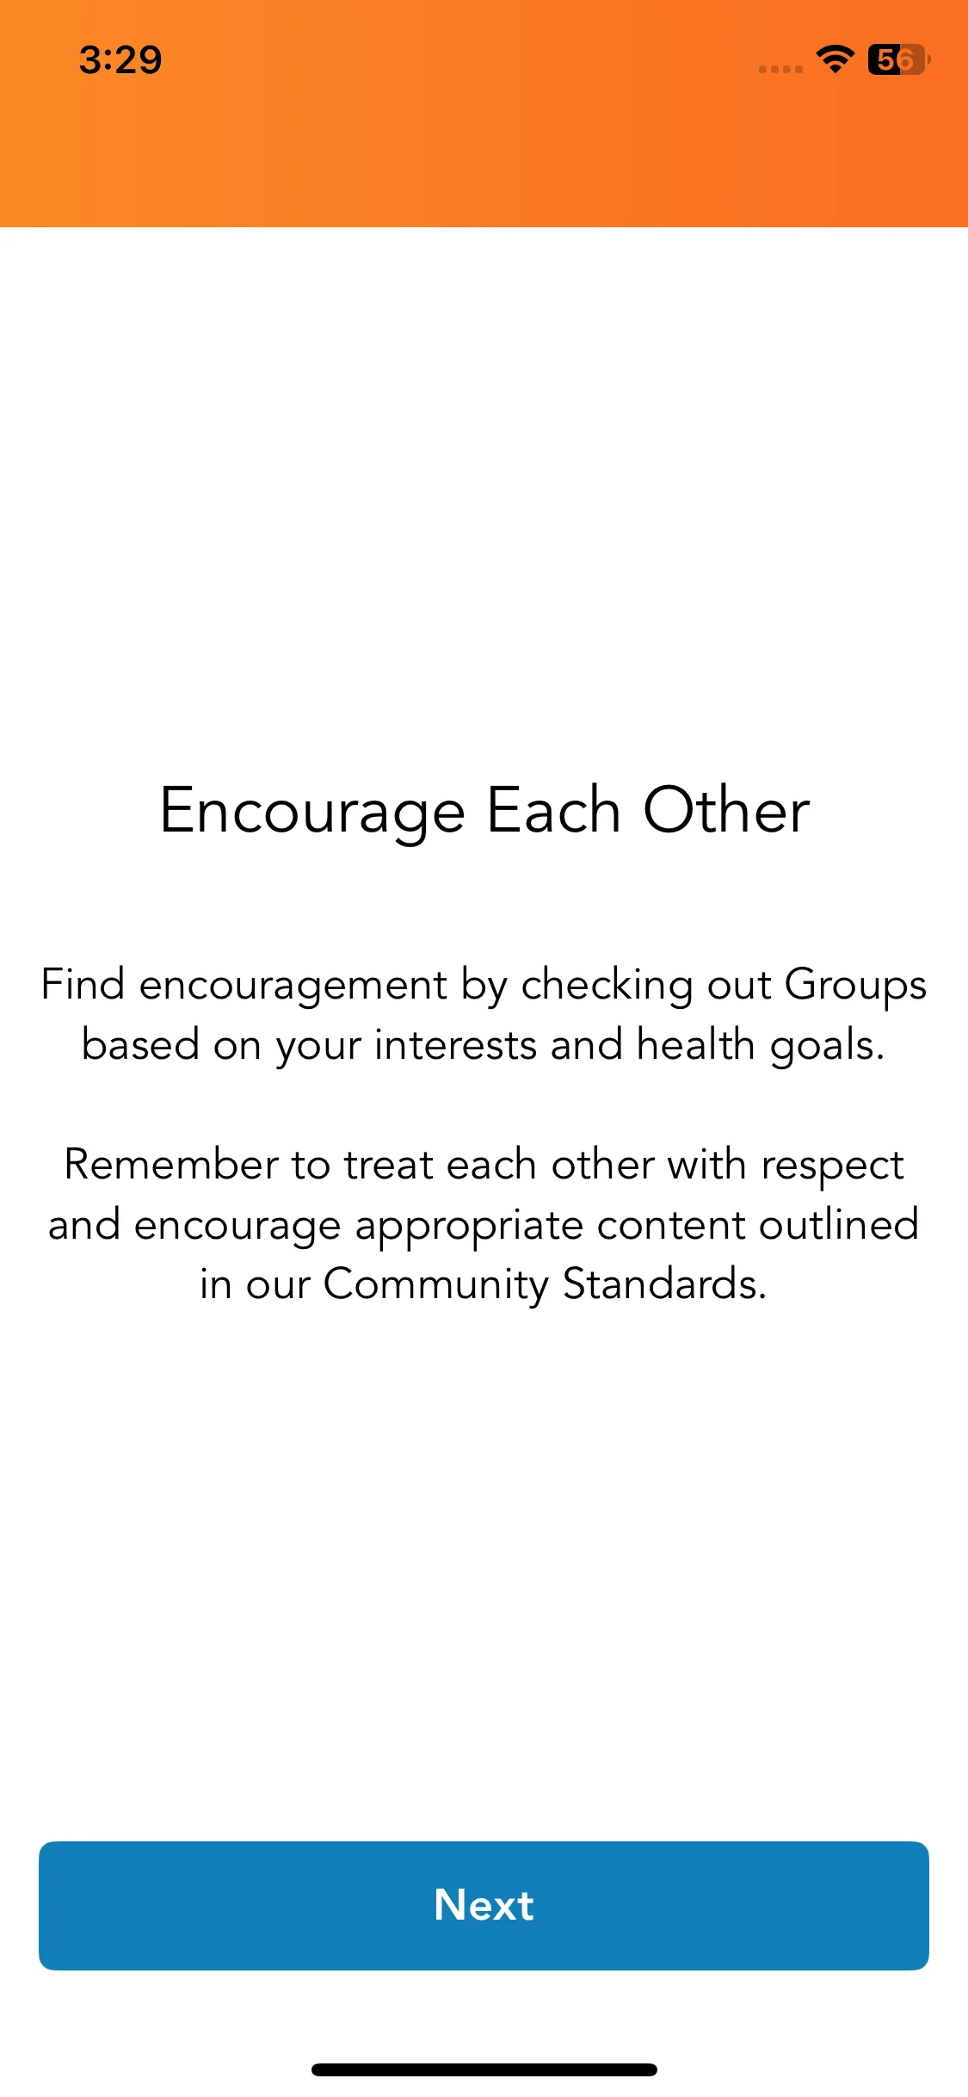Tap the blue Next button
click(484, 1905)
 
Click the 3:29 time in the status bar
click(120, 60)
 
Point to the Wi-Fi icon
click(835, 59)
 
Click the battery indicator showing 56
click(898, 59)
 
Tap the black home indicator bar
click(484, 2069)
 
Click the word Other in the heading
click(727, 811)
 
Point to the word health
click(695, 1044)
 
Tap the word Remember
click(170, 1165)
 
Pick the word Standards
click(664, 1284)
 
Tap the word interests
click(456, 1045)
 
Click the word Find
click(83, 984)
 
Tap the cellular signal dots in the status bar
click(780, 69)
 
